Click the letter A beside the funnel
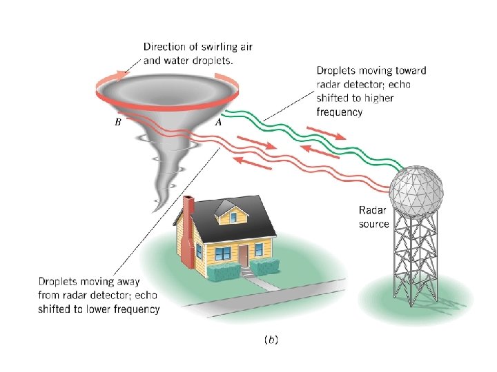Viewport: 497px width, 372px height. [x=219, y=122]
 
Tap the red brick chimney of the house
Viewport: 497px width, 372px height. [x=188, y=231]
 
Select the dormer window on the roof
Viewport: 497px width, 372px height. [x=232, y=216]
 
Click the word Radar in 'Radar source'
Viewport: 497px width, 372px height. [x=371, y=211]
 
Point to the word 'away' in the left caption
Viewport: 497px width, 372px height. [x=128, y=281]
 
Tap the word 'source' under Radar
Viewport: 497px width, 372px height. [x=374, y=224]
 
